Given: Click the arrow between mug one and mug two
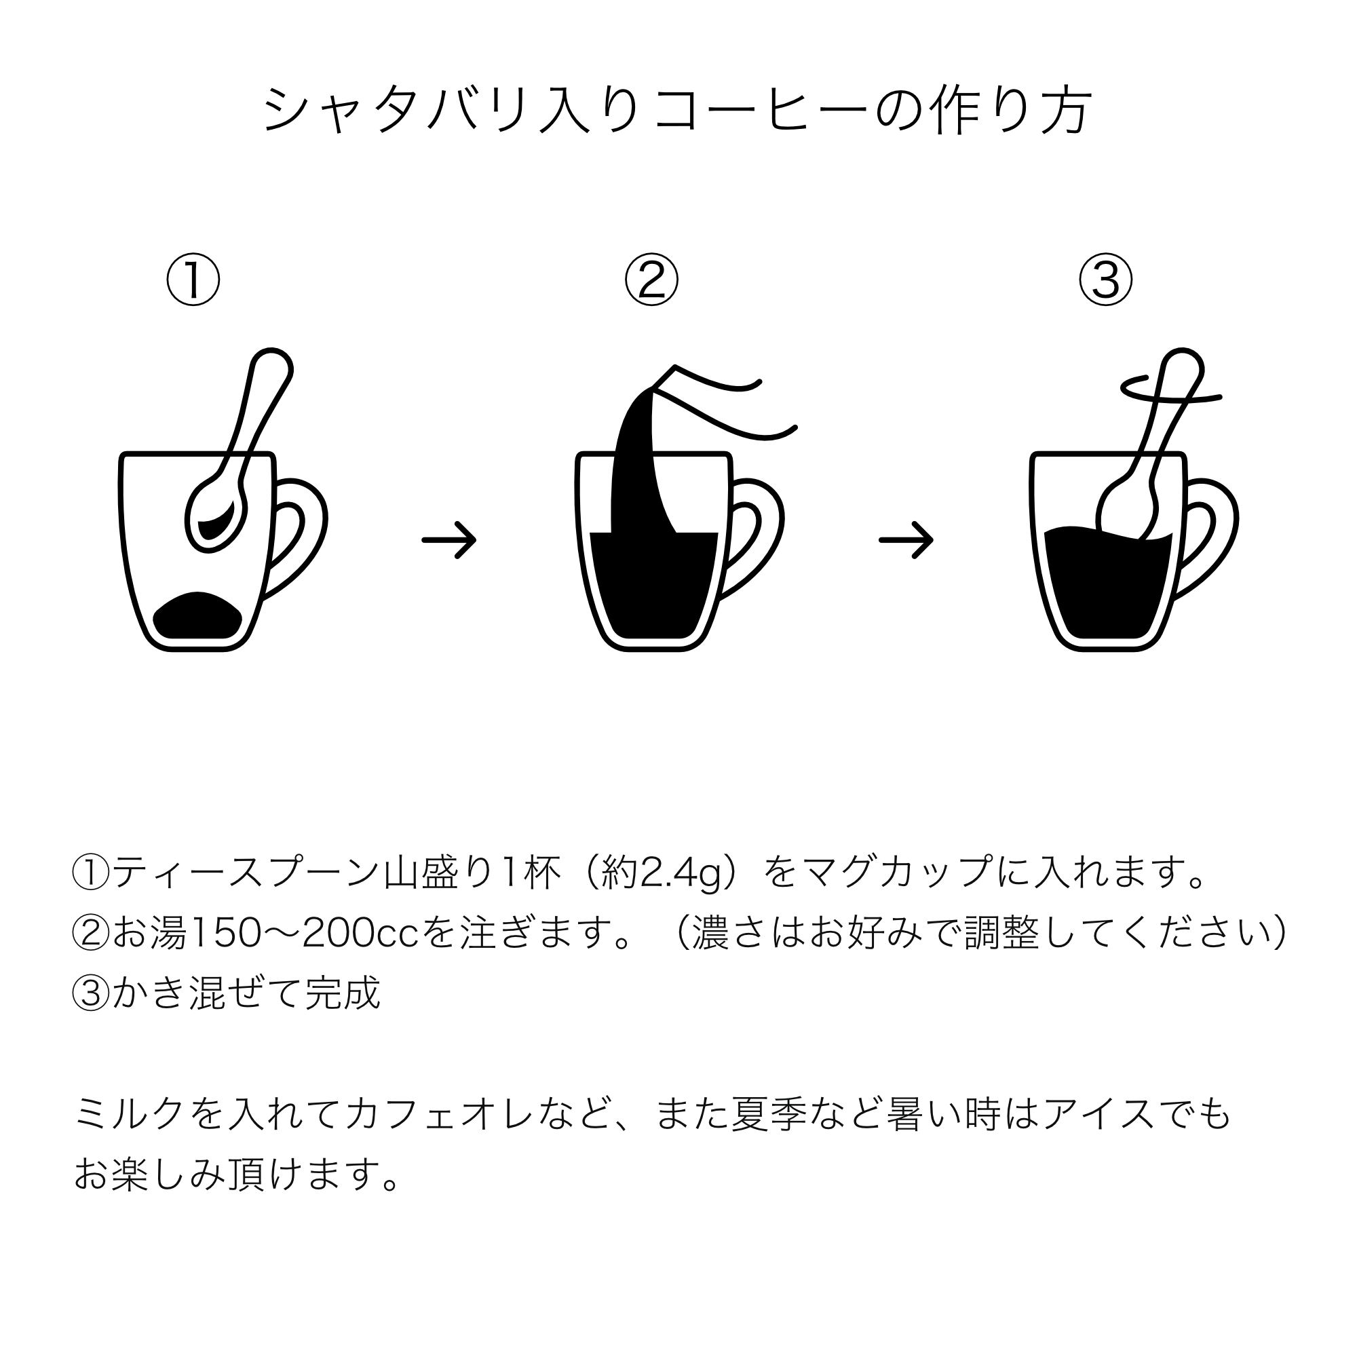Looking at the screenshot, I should pyautogui.click(x=450, y=539).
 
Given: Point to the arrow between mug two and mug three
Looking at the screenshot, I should pyautogui.click(x=906, y=539).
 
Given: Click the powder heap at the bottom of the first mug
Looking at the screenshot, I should pyautogui.click(x=198, y=616).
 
